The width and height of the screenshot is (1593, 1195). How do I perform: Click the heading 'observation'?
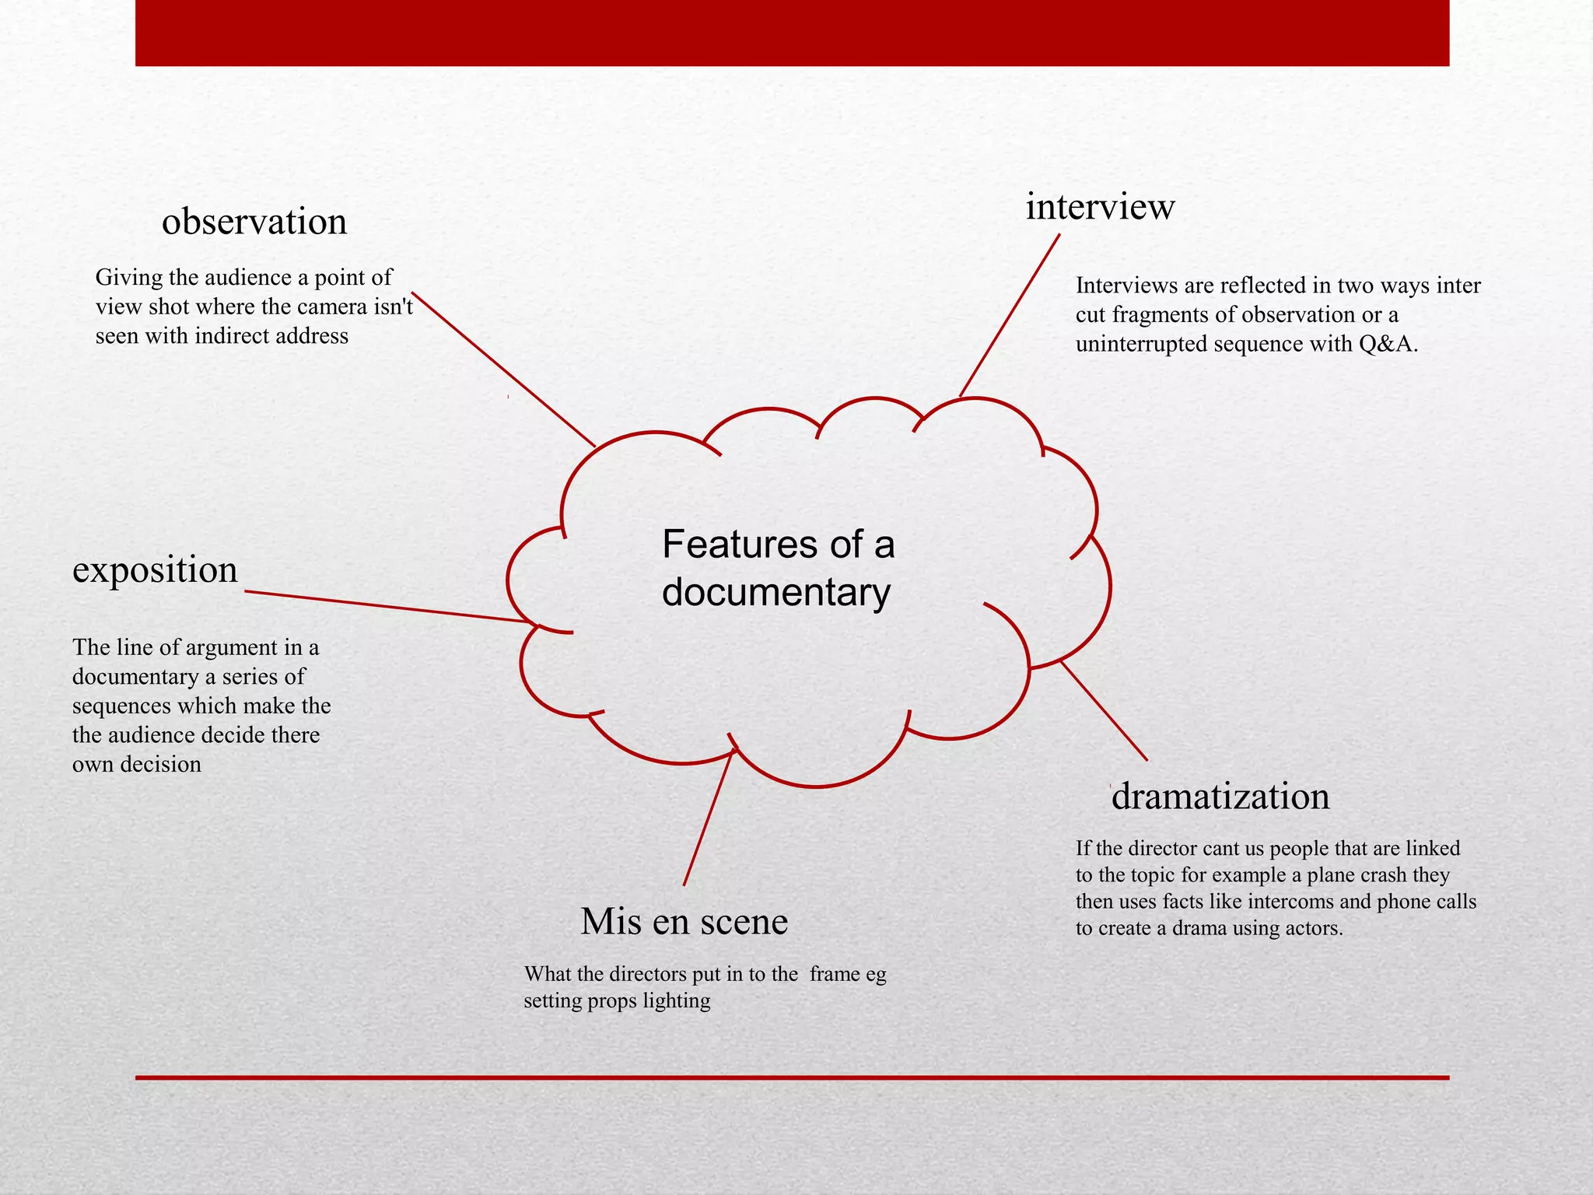click(x=254, y=223)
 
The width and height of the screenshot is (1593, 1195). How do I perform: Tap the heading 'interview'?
click(x=1100, y=207)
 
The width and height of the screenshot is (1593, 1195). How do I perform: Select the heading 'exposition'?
click(x=155, y=570)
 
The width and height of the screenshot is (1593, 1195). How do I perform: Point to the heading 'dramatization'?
click(x=1220, y=797)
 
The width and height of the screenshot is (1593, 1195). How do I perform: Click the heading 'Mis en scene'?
click(x=684, y=922)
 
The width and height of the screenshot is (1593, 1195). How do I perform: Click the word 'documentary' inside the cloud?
click(x=775, y=593)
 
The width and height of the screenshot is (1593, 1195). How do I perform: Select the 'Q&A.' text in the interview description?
click(x=1388, y=344)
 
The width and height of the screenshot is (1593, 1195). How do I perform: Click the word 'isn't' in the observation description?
click(x=394, y=307)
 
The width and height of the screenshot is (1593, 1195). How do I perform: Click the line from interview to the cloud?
click(x=1010, y=315)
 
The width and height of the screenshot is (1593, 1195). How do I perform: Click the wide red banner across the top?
click(x=792, y=33)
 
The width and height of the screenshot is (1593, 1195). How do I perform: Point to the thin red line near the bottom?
click(x=792, y=1078)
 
